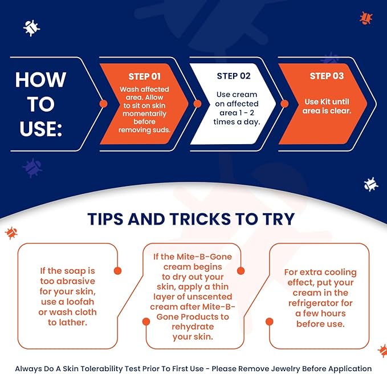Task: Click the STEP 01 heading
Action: pyautogui.click(x=144, y=76)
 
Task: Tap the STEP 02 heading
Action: pyautogui.click(x=234, y=76)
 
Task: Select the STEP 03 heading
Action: pyautogui.click(x=327, y=76)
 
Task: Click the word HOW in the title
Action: pyautogui.click(x=40, y=80)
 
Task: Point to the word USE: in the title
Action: pyautogui.click(x=40, y=129)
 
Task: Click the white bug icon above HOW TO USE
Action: pyautogui.click(x=31, y=28)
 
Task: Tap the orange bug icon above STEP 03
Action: pyautogui.click(x=366, y=18)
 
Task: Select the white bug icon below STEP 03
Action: pyautogui.click(x=370, y=184)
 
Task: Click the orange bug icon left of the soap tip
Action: pyautogui.click(x=11, y=233)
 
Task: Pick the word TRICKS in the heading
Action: pyautogui.click(x=200, y=219)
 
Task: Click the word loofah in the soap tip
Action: pyautogui.click(x=80, y=302)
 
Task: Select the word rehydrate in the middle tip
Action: pyautogui.click(x=193, y=327)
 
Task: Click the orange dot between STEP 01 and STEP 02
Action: pyautogui.click(x=197, y=104)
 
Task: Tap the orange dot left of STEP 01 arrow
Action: pyautogui.click(x=103, y=104)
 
